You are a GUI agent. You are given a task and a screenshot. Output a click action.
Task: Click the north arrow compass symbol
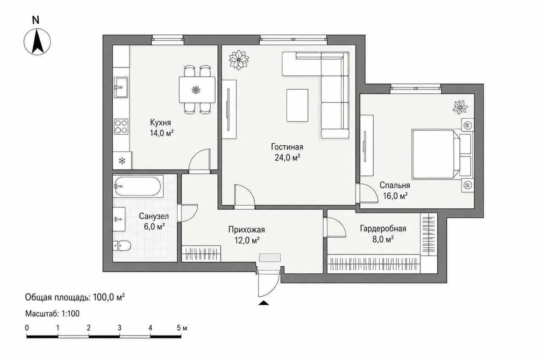click(x=37, y=41)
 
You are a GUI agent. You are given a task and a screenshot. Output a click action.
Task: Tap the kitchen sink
click(x=121, y=87)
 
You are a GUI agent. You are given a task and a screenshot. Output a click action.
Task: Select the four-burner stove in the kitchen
click(x=121, y=127)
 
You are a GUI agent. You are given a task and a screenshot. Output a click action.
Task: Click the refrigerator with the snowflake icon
click(x=122, y=161)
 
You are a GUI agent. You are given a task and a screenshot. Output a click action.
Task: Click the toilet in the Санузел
click(x=122, y=246)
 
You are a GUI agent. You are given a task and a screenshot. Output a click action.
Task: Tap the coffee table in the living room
click(x=297, y=106)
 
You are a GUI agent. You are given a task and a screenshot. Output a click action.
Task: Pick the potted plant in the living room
click(x=239, y=60)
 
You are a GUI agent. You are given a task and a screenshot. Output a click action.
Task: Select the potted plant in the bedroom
click(x=460, y=107)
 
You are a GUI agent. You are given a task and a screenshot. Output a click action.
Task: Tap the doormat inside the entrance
click(x=270, y=257)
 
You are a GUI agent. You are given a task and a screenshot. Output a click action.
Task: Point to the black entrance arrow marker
click(x=264, y=303)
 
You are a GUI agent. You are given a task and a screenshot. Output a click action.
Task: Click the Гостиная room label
click(x=287, y=147)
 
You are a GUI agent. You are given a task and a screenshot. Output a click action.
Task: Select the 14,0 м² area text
click(x=162, y=133)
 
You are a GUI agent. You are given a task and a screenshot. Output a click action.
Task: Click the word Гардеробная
click(x=383, y=229)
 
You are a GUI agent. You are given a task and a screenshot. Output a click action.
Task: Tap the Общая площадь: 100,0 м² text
click(x=75, y=298)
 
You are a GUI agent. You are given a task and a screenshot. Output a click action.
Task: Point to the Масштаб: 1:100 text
click(x=52, y=314)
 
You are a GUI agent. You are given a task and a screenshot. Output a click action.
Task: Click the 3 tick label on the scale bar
click(x=119, y=328)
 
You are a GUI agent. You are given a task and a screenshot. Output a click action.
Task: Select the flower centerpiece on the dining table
click(x=196, y=90)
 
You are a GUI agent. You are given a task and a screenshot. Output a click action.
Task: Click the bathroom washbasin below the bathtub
click(x=119, y=219)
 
